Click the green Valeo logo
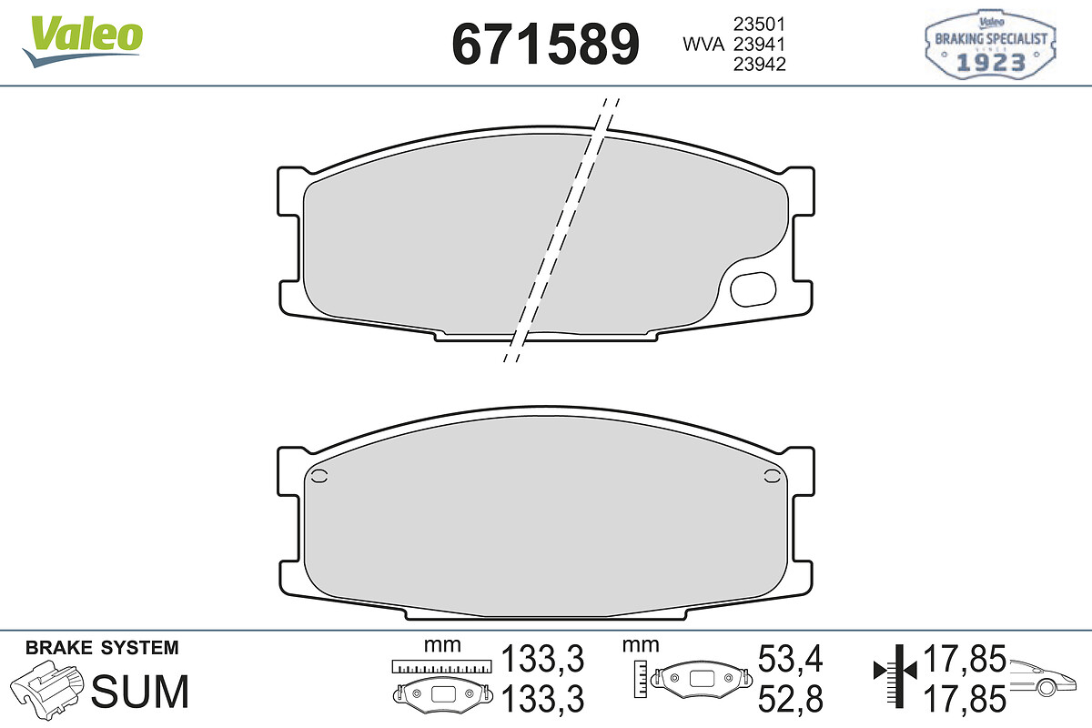(x=83, y=41)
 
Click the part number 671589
(x=545, y=45)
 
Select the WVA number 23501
(x=759, y=24)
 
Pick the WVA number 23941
(x=759, y=45)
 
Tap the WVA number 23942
(x=759, y=65)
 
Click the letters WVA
(x=703, y=45)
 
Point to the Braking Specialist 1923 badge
(x=990, y=45)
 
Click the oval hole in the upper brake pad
(x=753, y=289)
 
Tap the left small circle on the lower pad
(x=318, y=477)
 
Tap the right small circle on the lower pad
(x=772, y=477)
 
